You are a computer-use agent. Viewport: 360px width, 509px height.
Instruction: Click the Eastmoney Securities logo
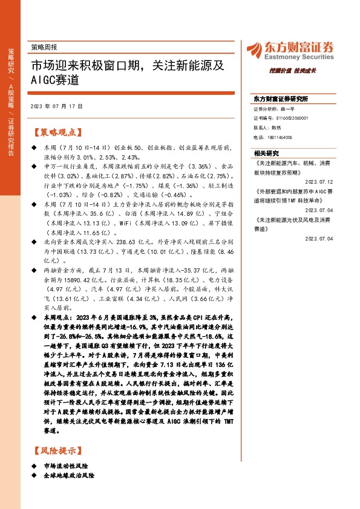point(290,49)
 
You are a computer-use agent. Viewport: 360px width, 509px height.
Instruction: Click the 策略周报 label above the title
point(43,47)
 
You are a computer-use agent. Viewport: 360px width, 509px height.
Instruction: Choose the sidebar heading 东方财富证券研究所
point(281,99)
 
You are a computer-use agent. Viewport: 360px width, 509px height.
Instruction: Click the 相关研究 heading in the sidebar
point(267,154)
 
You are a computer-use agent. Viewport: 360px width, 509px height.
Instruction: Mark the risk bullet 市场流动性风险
point(67,466)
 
